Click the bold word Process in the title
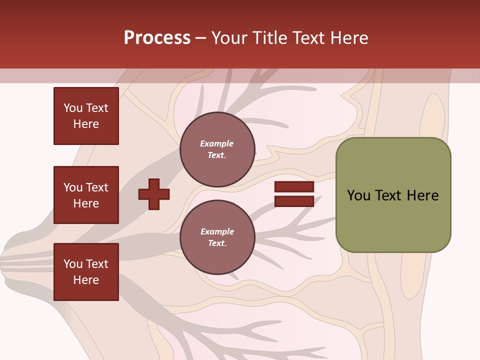click(157, 38)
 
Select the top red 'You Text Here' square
click(86, 116)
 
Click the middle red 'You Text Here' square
click(86, 195)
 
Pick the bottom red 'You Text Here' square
click(86, 272)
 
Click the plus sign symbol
click(154, 194)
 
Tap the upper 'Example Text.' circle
click(217, 149)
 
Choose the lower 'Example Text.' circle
click(217, 237)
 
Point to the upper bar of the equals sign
click(294, 187)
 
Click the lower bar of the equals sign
click(294, 201)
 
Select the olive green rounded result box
click(393, 195)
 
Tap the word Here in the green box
click(422, 195)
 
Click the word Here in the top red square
click(86, 124)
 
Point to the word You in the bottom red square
click(73, 264)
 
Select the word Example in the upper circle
click(217, 143)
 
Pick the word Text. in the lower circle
click(217, 243)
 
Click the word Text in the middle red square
click(97, 187)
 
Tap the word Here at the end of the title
click(349, 38)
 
